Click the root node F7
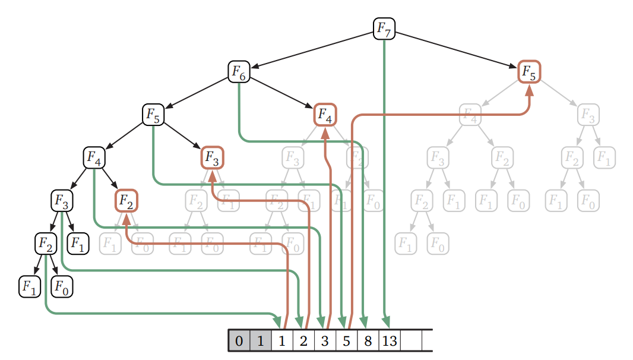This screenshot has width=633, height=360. (x=384, y=29)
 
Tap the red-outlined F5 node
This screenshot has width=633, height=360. (x=528, y=72)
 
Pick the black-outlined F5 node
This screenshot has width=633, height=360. (x=153, y=114)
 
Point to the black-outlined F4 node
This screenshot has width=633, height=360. (x=94, y=157)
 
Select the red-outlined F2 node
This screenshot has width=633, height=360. (x=126, y=201)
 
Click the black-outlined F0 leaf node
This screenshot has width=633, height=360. (x=62, y=287)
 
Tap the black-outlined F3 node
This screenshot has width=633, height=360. (x=62, y=201)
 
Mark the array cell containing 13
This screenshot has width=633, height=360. (x=389, y=341)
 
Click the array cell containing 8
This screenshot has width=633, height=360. (x=368, y=341)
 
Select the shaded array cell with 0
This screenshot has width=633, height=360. (x=239, y=341)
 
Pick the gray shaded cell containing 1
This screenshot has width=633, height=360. (x=261, y=341)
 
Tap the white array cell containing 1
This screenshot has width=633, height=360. (x=282, y=341)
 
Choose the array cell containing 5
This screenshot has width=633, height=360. (x=346, y=341)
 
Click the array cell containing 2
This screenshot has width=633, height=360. (x=303, y=341)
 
